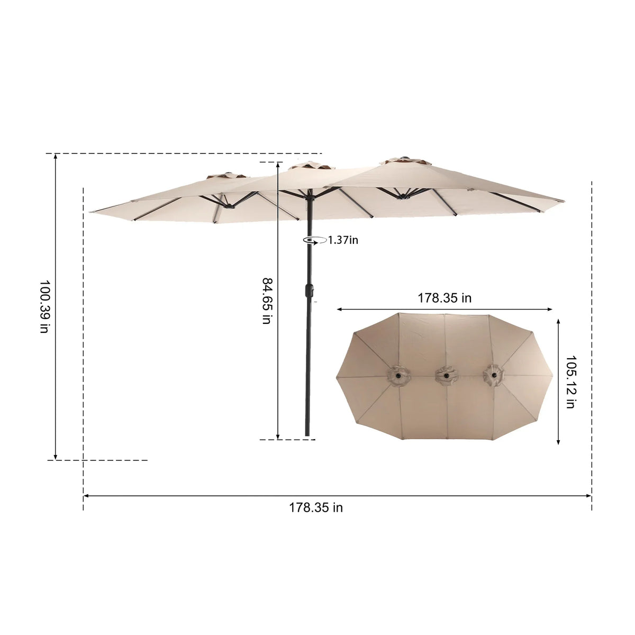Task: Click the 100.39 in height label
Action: coord(44,306)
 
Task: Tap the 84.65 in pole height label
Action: coord(267,301)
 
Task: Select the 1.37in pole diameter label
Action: coord(343,240)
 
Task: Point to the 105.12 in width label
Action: coord(570,382)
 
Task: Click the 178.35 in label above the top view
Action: coord(444,298)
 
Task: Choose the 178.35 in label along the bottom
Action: coord(316,507)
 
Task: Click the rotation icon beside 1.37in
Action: coord(315,241)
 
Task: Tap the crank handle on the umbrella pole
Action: coord(309,291)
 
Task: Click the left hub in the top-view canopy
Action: coord(398,375)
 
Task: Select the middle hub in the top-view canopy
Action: coord(446,375)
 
